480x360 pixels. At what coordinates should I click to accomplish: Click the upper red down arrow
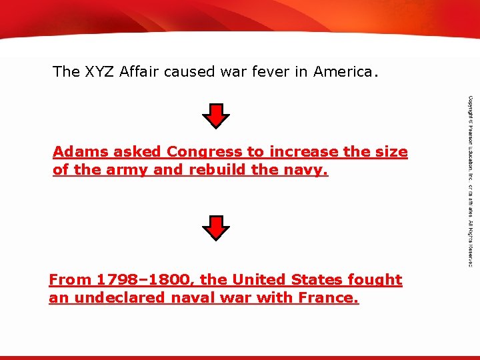click(x=215, y=116)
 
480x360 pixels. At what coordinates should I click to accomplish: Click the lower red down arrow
click(x=215, y=228)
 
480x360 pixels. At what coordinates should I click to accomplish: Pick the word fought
click(x=380, y=280)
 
